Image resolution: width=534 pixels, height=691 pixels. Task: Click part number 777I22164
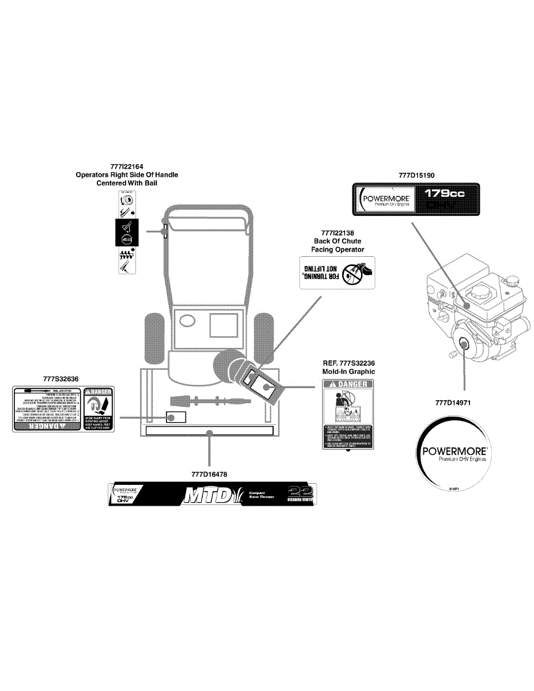pos(127,166)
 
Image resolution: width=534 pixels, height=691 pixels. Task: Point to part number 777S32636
pos(60,379)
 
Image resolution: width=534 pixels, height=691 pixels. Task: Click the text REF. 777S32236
pos(349,363)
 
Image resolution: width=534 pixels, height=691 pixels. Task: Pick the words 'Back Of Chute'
pos(338,241)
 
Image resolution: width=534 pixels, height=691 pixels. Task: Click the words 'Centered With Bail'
pos(127,183)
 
